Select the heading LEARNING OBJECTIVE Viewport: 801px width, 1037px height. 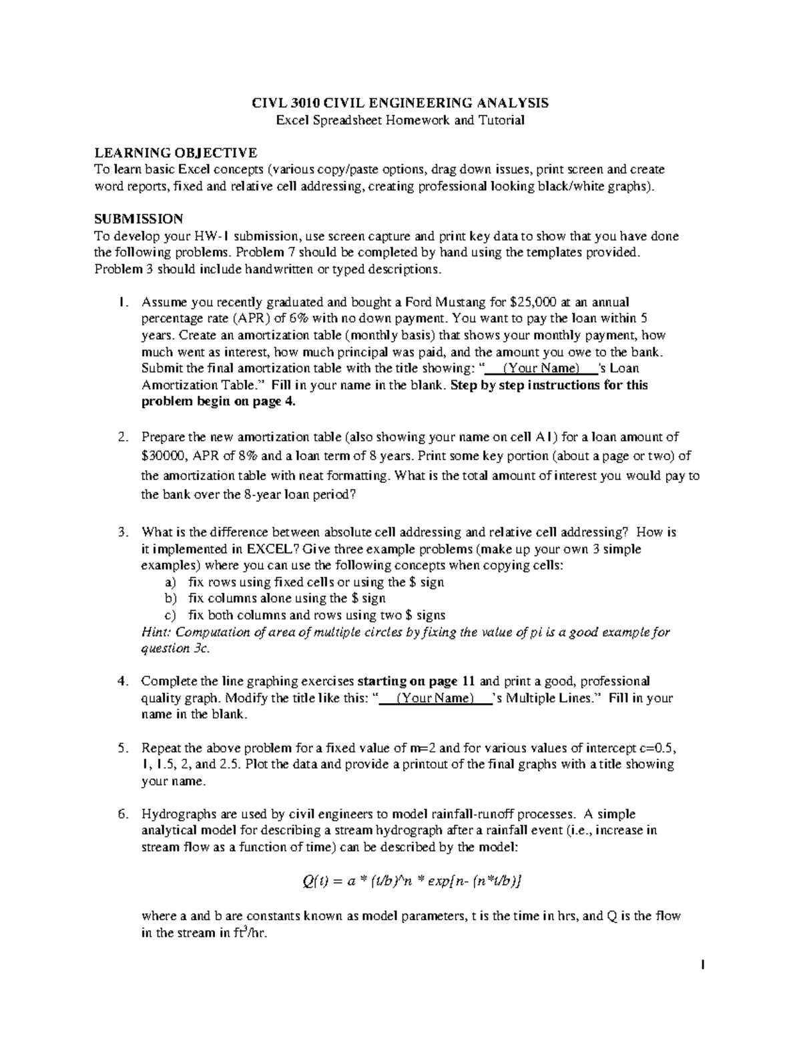(175, 153)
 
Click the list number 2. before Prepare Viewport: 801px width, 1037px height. (123, 437)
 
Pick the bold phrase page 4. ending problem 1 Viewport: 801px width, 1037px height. (271, 402)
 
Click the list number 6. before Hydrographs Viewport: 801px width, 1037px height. (123, 814)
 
